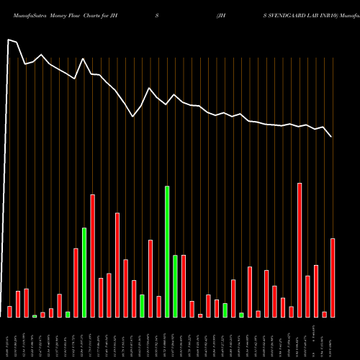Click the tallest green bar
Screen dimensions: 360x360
(x=167, y=251)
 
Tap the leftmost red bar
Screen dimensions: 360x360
(x=9, y=311)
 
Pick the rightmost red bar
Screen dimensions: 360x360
(x=333, y=277)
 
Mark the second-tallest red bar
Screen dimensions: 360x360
(x=93, y=256)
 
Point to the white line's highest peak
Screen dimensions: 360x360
(x=9, y=40)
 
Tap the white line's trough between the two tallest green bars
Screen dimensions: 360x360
(x=133, y=116)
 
